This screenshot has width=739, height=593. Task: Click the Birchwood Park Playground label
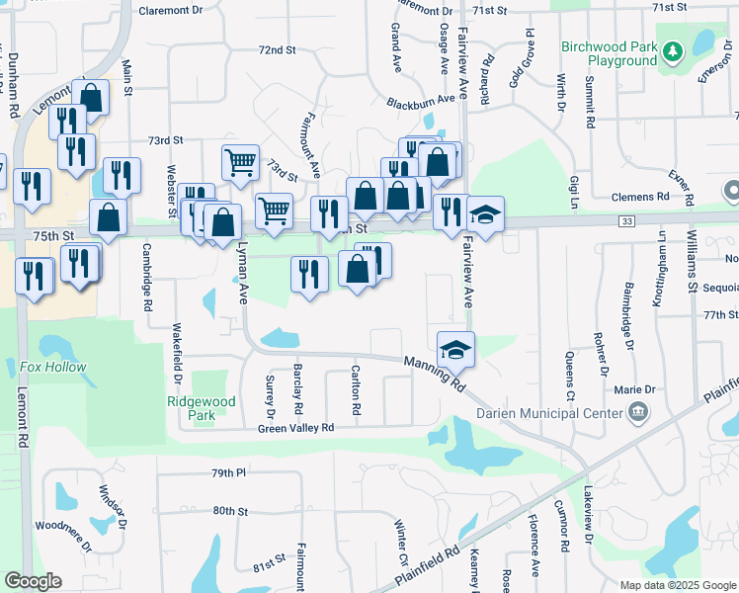tap(610, 53)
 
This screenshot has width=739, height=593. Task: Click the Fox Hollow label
tap(53, 367)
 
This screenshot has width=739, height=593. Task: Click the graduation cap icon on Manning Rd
tap(455, 348)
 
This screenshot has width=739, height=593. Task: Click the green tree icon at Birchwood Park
tap(673, 49)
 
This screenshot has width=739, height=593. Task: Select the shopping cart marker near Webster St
tap(240, 161)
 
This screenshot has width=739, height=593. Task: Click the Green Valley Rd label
tap(296, 428)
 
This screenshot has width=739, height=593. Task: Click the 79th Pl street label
tap(227, 473)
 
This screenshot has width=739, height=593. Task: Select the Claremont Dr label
tap(170, 10)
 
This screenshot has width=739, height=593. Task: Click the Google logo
tap(33, 581)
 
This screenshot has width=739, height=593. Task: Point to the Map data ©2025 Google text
tap(677, 585)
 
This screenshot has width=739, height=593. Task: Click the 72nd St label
tap(277, 49)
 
